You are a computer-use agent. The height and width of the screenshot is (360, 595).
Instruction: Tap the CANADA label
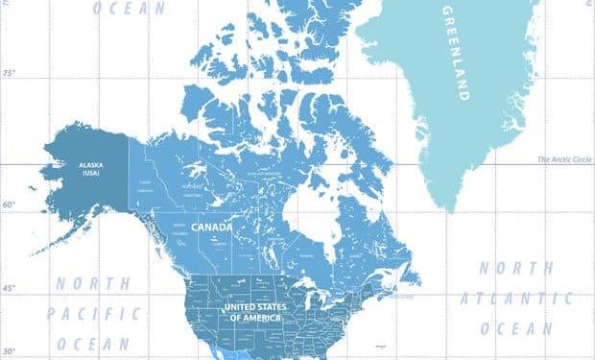pyautogui.click(x=211, y=228)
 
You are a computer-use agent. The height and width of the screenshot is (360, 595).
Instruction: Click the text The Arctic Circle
pyautogui.click(x=563, y=160)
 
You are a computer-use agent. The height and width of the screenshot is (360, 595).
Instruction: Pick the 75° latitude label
pyautogui.click(x=11, y=73)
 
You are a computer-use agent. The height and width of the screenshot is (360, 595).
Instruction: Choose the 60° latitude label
pyautogui.click(x=11, y=204)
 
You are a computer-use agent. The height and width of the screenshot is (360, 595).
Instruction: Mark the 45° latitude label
pyautogui.click(x=11, y=288)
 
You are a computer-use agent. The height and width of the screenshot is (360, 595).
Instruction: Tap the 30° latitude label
pyautogui.click(x=11, y=350)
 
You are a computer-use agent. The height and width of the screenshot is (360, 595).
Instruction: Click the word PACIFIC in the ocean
pyautogui.click(x=95, y=313)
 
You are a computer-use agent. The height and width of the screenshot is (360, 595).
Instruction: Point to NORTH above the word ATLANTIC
pyautogui.click(x=516, y=268)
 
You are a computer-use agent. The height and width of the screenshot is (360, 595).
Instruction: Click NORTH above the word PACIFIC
pyautogui.click(x=93, y=284)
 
